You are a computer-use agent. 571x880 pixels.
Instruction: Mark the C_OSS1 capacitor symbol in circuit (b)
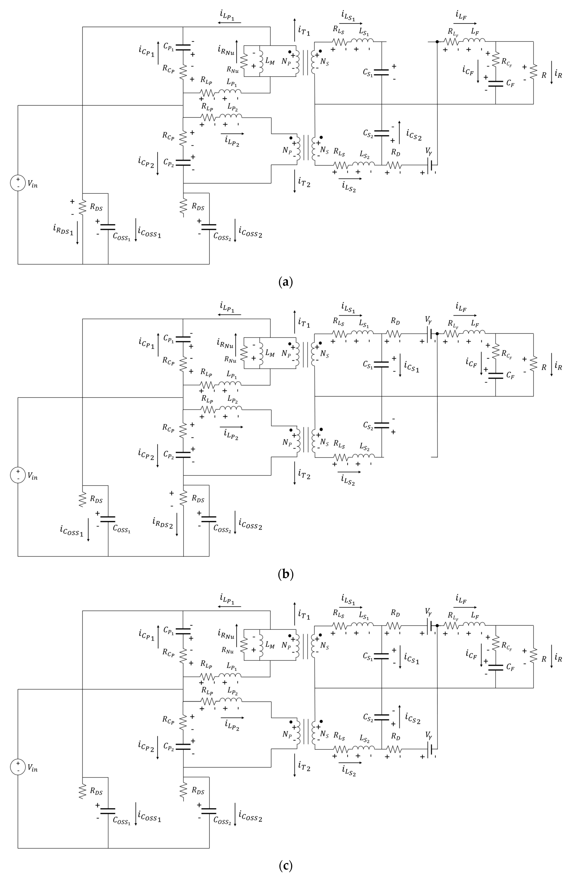pos(108,519)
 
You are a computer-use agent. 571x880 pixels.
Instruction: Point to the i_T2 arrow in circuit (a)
pos(295,181)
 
